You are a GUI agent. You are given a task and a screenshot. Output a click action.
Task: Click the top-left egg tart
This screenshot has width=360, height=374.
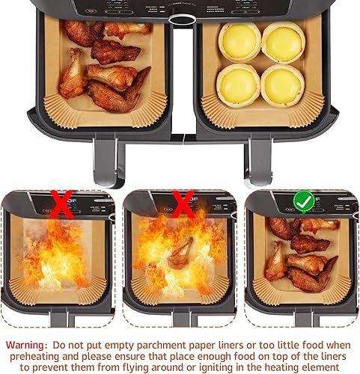click(x=239, y=41)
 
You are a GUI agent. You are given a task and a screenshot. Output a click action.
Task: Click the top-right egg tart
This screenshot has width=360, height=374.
click(x=283, y=41)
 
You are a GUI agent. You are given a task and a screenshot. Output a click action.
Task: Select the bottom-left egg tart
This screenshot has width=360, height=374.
click(x=239, y=85)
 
